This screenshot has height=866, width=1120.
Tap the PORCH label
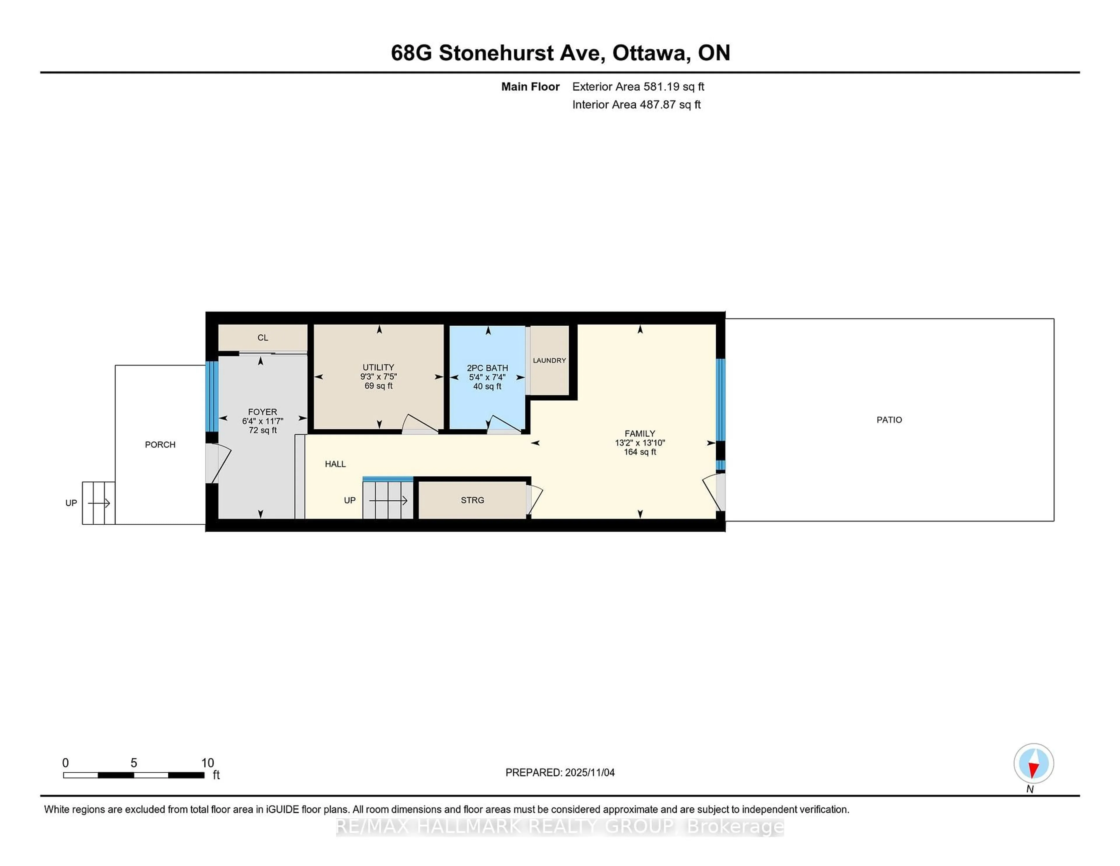pos(160,445)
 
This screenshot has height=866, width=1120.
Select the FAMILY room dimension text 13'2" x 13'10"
pos(640,443)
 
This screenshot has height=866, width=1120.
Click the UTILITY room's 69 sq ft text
pos(379,386)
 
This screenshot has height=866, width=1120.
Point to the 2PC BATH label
pos(487,368)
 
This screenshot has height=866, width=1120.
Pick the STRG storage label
pos(472,500)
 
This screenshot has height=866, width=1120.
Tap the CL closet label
pos(262,338)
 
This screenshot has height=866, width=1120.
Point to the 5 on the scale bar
pos(134,763)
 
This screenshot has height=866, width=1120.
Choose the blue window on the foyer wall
pos(212,396)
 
